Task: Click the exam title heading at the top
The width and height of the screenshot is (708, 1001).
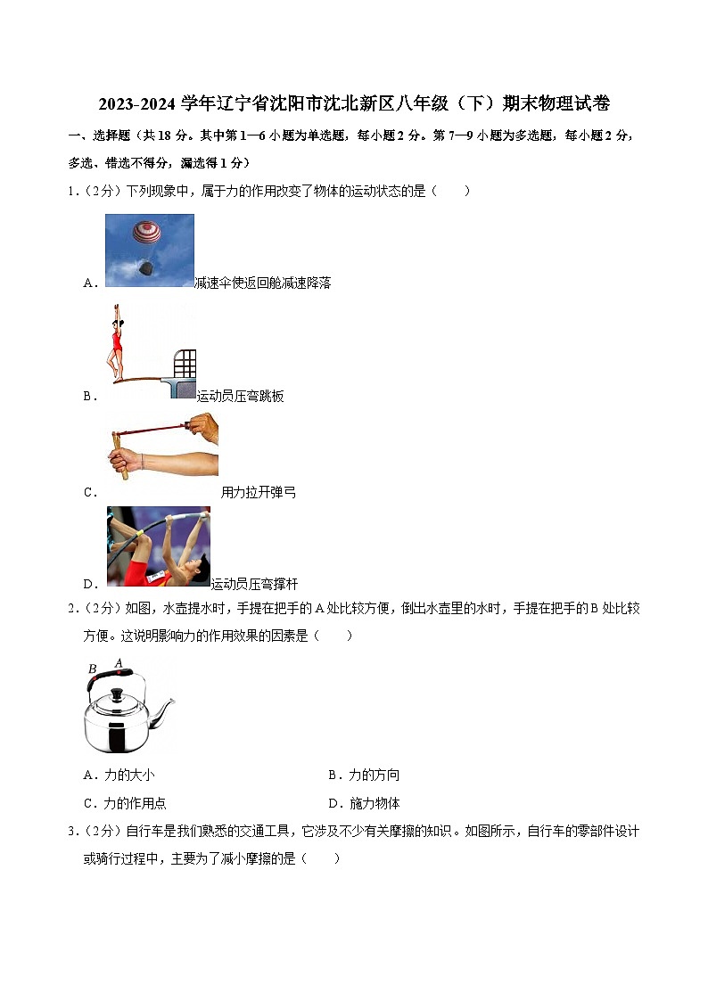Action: click(x=354, y=104)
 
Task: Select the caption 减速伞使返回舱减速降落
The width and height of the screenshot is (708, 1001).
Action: click(x=263, y=283)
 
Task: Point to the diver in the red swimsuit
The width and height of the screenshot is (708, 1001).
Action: click(x=116, y=343)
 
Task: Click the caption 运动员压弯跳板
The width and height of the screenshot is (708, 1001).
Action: click(x=240, y=396)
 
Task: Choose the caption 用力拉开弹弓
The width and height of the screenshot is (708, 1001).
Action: click(x=258, y=492)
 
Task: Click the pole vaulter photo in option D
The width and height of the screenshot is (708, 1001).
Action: click(x=158, y=546)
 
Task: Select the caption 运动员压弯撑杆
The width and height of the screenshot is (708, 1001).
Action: click(x=254, y=584)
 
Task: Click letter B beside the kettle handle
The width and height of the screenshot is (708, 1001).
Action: click(x=92, y=669)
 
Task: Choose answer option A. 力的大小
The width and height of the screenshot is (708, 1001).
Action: click(x=119, y=775)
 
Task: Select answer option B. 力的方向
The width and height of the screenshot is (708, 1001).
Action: click(x=364, y=775)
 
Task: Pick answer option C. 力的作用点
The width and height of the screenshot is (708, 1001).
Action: click(x=124, y=802)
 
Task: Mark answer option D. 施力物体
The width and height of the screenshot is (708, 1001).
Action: click(x=364, y=802)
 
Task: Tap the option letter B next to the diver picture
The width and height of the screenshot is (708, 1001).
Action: click(x=89, y=396)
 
